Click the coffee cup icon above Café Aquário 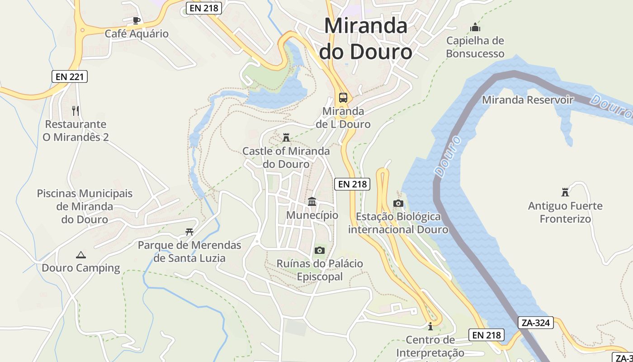click(x=136, y=20)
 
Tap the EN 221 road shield click(x=69, y=76)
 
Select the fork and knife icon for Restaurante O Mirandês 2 click(x=76, y=110)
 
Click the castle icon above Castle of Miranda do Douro click(x=286, y=137)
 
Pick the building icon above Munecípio click(x=312, y=201)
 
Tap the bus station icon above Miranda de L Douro click(x=343, y=97)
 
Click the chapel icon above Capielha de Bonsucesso click(x=475, y=27)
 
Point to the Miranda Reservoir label click(x=528, y=100)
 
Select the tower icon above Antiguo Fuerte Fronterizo click(x=565, y=192)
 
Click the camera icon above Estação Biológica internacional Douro click(x=398, y=203)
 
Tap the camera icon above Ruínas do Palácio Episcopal click(x=320, y=250)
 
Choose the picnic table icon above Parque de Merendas click(x=189, y=232)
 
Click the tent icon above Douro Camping click(x=81, y=255)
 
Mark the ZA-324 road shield click(x=536, y=323)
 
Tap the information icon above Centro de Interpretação click(x=430, y=326)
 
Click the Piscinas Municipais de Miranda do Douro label click(x=85, y=206)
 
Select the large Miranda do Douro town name click(x=366, y=38)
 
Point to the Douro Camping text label click(x=81, y=268)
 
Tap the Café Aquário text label click(x=137, y=33)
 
